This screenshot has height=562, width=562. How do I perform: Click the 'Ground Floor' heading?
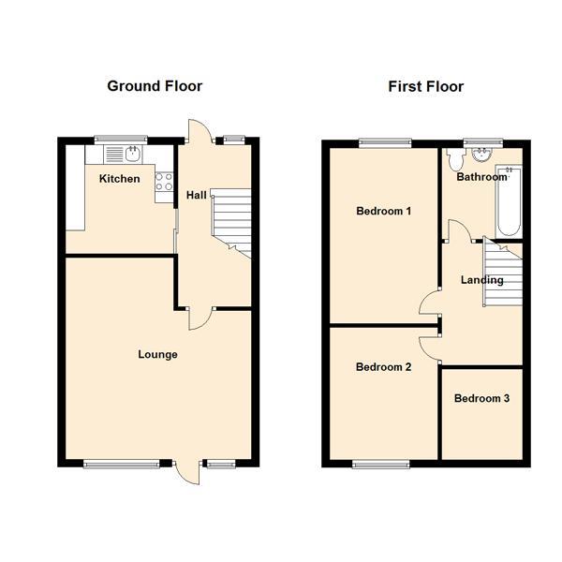pos(155,86)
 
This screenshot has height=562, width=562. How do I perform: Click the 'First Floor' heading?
pos(426,86)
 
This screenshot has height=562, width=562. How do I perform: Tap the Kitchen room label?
pos(120,179)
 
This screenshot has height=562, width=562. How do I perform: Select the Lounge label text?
pos(157,354)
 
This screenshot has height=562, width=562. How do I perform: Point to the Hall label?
pos(197,195)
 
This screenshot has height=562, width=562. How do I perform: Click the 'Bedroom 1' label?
pos(384,211)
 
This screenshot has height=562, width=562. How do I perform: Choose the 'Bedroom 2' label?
pos(384,367)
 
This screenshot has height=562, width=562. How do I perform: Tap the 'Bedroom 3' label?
pos(481,398)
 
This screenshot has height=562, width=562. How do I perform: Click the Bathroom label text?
pos(481,176)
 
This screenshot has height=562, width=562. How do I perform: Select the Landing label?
pos(481,279)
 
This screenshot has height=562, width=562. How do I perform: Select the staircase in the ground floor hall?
pos(230,222)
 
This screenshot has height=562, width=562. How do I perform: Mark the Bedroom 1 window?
pos(384,142)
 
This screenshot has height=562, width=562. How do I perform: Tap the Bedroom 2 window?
pos(380,463)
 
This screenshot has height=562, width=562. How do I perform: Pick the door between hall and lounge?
pos(200,318)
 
